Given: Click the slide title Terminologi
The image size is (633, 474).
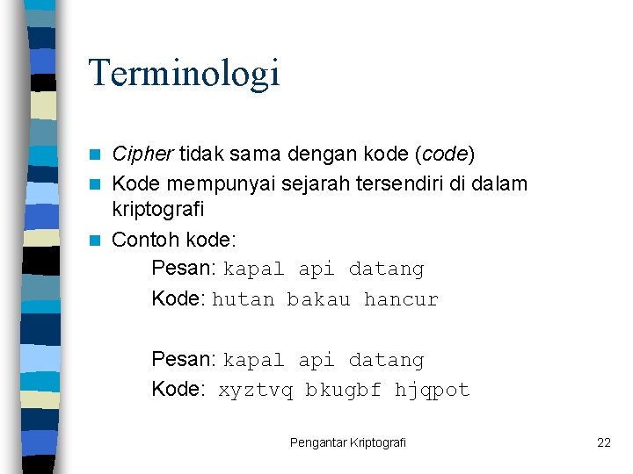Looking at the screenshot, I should [184, 74].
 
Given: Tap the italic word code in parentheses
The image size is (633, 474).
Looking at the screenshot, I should [445, 155].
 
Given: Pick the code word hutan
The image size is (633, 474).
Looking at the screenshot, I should [244, 300].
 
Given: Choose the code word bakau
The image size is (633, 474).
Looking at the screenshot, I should [318, 300].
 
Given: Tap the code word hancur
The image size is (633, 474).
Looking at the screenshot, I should [400, 300].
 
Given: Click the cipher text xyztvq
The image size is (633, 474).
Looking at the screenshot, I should [256, 391].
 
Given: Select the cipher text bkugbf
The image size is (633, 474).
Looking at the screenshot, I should [343, 391].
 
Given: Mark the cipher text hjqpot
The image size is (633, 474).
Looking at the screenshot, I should [432, 391].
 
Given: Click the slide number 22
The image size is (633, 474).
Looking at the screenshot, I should [603, 443].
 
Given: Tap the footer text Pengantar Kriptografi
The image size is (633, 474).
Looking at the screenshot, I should [348, 443].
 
